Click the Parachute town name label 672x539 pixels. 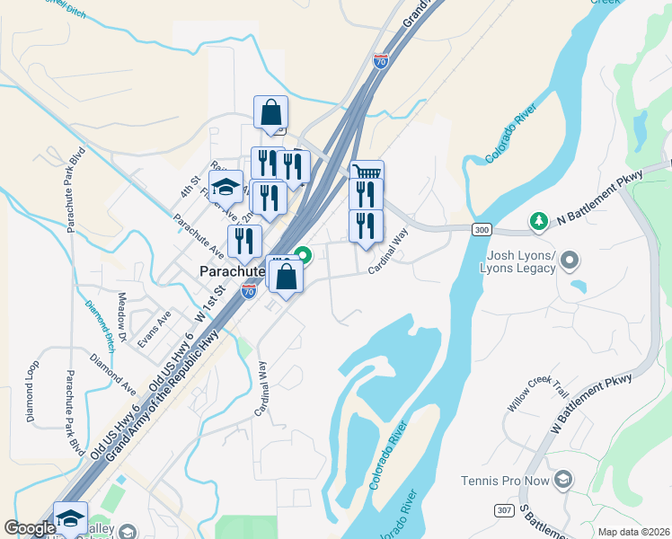tap(229, 270)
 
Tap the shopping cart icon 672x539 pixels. tap(367, 173)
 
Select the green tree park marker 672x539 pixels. tap(539, 220)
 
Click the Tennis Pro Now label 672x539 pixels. tap(504, 482)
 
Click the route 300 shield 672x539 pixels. tap(482, 230)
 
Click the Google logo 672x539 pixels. tap(30, 528)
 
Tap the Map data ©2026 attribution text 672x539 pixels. tap(632, 532)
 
